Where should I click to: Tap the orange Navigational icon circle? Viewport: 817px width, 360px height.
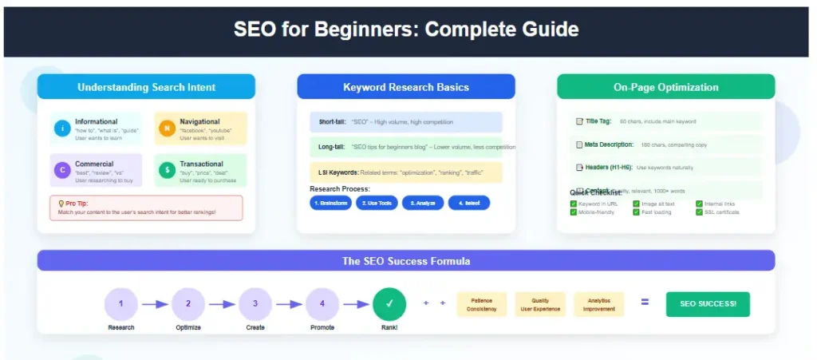(167, 128)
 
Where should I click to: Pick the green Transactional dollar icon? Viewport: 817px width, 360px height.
(167, 169)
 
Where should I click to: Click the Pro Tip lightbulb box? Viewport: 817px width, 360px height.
(146, 208)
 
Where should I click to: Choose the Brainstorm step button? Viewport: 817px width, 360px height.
(330, 203)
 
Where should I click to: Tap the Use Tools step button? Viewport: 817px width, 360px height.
(377, 203)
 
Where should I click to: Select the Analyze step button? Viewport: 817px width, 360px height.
(423, 203)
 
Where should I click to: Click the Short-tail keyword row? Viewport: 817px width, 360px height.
(406, 122)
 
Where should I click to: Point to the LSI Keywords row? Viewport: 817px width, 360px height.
(406, 172)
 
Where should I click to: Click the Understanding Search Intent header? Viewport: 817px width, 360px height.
(146, 87)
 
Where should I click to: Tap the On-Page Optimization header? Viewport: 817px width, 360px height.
(665, 87)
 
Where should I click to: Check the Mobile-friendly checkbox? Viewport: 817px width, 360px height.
(574, 212)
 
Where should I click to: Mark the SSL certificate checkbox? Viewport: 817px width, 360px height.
(699, 212)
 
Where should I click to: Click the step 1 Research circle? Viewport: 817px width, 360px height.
(121, 303)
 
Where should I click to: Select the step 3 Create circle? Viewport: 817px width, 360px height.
(255, 303)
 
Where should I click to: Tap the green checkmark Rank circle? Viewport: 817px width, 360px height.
(389, 303)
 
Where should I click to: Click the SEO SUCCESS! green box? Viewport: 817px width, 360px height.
(708, 304)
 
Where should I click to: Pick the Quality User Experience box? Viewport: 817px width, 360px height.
(540, 304)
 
